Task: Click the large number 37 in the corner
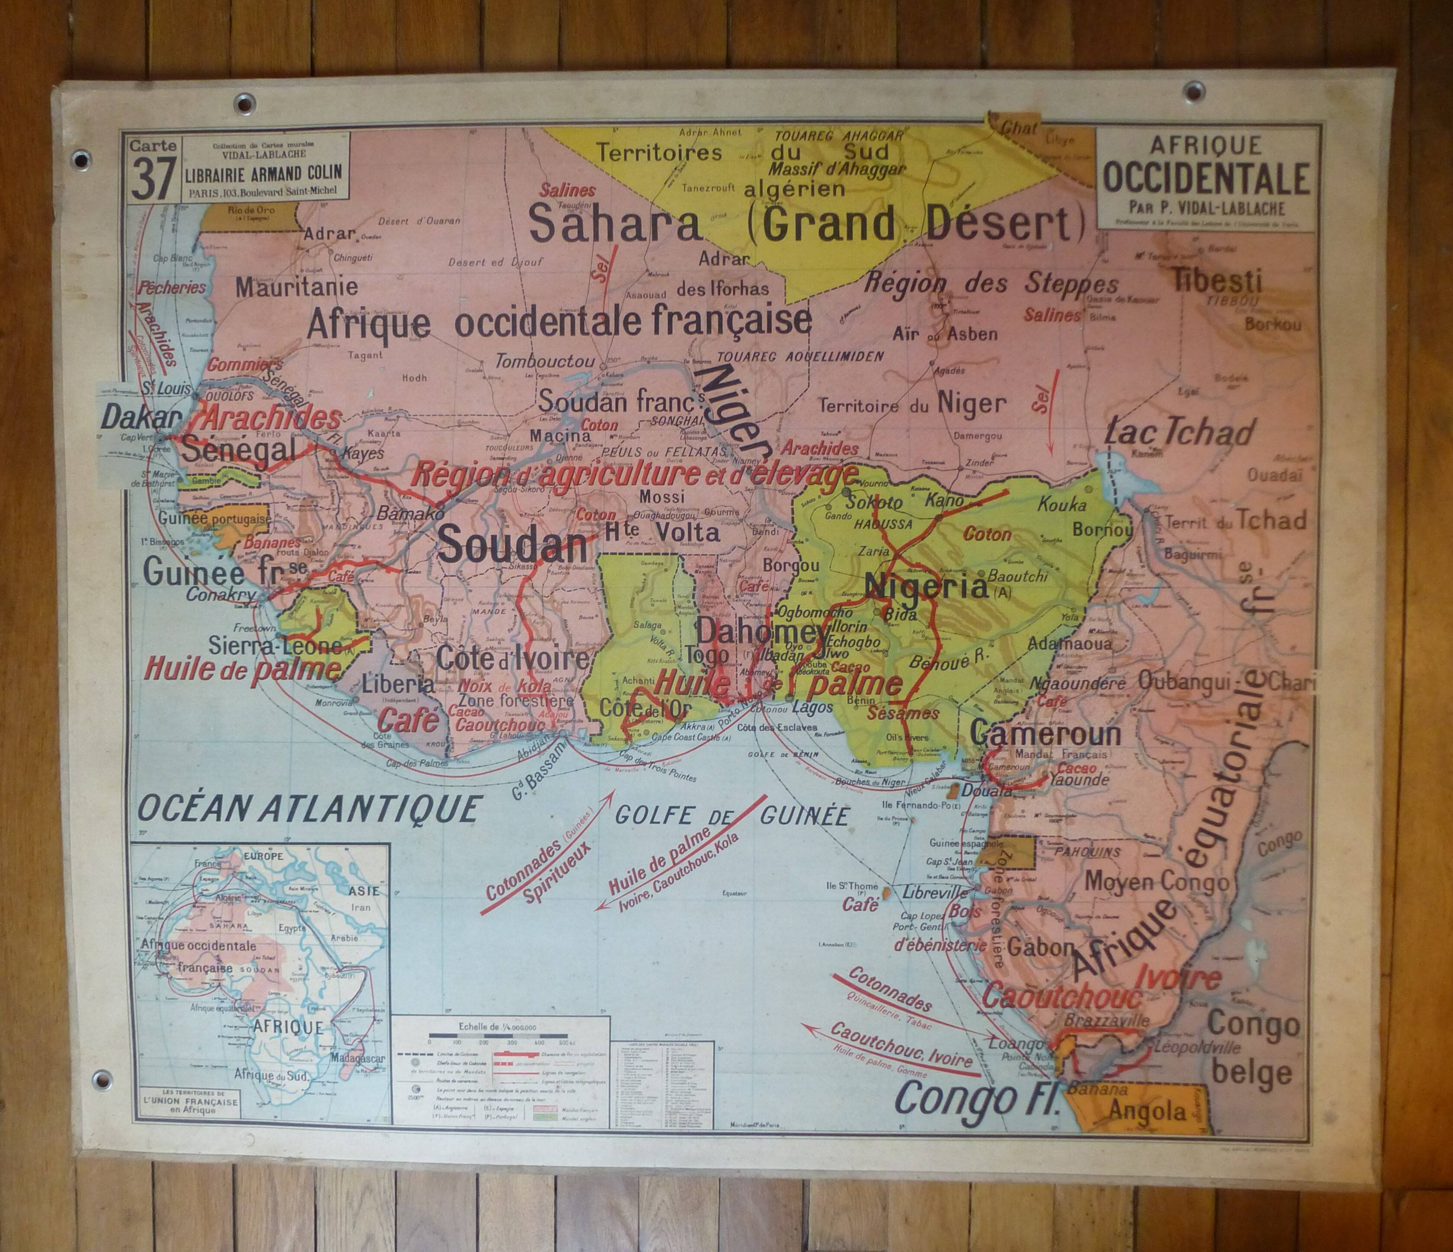(x=153, y=178)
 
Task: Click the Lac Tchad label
(x=1180, y=432)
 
